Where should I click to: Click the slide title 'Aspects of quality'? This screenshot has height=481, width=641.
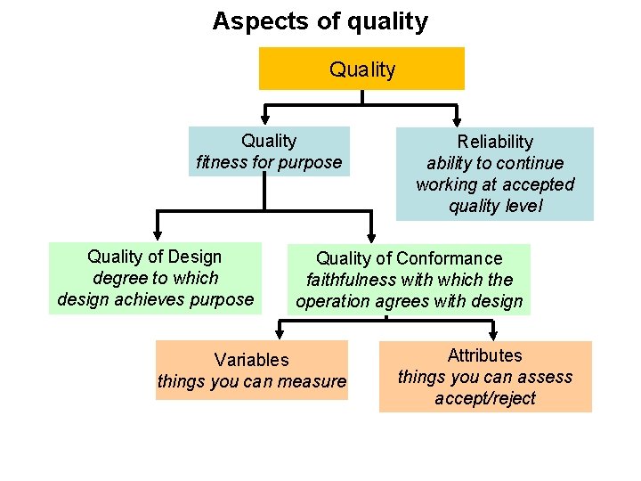(320, 21)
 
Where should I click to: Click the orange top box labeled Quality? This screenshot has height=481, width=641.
(361, 69)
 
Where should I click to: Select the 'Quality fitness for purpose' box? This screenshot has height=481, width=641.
(268, 151)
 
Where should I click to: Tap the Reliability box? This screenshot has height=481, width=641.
(494, 174)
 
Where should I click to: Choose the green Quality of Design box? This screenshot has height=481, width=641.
(155, 278)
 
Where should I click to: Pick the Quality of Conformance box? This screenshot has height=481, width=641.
(409, 280)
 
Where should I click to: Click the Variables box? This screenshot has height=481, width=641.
(251, 371)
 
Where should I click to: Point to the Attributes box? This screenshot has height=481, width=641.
(485, 377)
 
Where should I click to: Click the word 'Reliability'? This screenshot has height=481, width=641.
(495, 142)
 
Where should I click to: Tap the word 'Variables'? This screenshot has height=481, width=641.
(251, 360)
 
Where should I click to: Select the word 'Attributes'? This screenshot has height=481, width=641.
(485, 355)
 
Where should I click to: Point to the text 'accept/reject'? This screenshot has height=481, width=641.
(485, 398)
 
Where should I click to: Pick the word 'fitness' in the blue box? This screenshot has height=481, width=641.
(221, 162)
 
